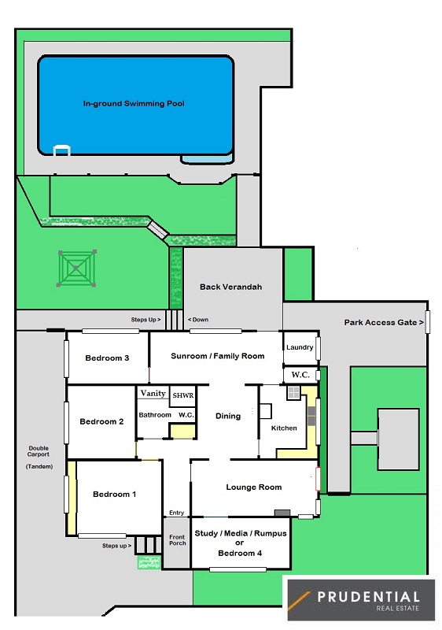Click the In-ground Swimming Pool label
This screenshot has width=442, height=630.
(134, 104)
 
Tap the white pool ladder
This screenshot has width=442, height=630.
(62, 150)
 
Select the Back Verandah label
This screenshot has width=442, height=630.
(230, 287)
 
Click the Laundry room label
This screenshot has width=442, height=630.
(300, 347)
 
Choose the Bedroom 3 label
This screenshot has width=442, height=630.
(107, 358)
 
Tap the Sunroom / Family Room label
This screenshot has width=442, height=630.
(217, 356)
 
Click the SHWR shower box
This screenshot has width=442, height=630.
(183, 396)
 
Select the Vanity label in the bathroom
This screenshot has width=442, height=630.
(153, 393)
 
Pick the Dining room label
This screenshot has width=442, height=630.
(228, 417)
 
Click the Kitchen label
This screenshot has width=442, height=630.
(284, 428)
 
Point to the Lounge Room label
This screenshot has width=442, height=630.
(254, 487)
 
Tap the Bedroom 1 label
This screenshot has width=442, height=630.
(114, 495)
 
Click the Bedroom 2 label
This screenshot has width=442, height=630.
(101, 421)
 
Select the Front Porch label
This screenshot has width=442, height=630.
(177, 540)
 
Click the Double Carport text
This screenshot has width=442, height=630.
(39, 451)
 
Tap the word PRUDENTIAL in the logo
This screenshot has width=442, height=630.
(368, 597)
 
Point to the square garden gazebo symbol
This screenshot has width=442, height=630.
(76, 268)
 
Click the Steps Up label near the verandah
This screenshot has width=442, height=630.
(145, 320)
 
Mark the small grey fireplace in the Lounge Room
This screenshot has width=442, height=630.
(282, 513)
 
